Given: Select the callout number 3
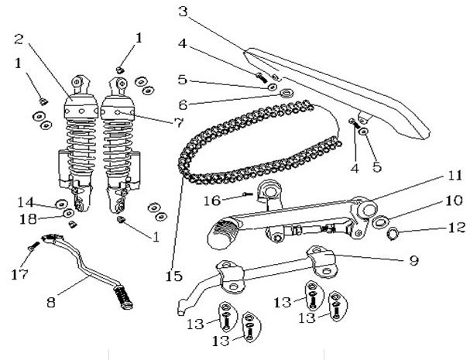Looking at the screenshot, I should (183, 12).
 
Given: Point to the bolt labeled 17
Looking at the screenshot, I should (33, 248).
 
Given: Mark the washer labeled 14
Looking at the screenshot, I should (60, 204).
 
